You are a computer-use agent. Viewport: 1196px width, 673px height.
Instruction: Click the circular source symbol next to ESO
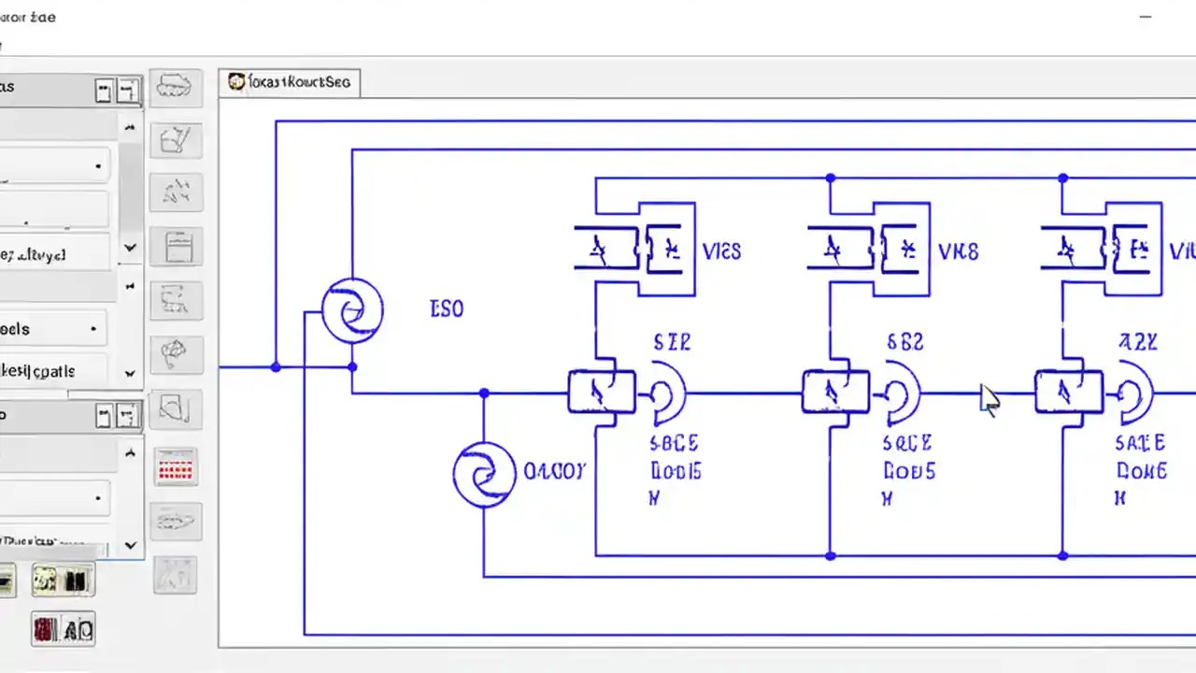pos(352,312)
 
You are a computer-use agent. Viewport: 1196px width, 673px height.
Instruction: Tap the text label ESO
pos(446,308)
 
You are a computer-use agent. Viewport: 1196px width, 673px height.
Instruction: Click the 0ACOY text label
pos(554,471)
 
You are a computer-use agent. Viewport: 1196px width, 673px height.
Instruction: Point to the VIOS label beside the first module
pos(720,251)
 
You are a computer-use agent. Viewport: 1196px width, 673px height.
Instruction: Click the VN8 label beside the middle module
pos(958,251)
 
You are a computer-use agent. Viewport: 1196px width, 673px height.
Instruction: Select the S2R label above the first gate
pos(672,343)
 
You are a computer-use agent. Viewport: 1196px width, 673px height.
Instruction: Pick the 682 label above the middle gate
pos(904,343)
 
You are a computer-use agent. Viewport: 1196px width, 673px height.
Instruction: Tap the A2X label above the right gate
pos(1138,343)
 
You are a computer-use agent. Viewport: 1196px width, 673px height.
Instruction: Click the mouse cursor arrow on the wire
pos(989,399)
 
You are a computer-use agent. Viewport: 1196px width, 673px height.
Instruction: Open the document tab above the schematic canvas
pos(290,82)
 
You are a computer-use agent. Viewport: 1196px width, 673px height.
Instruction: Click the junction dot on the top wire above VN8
pos(830,178)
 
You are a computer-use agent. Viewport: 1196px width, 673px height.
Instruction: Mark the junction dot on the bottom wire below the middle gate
pos(830,556)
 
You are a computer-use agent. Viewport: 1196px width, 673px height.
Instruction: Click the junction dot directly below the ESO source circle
pos(352,367)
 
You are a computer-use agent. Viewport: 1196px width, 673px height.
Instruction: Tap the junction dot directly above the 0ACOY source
pos(484,394)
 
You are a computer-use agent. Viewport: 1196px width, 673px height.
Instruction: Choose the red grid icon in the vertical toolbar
pos(176,466)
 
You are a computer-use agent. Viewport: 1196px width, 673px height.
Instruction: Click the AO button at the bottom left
pos(64,629)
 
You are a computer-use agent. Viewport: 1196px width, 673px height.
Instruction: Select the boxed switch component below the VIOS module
pos(602,392)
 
